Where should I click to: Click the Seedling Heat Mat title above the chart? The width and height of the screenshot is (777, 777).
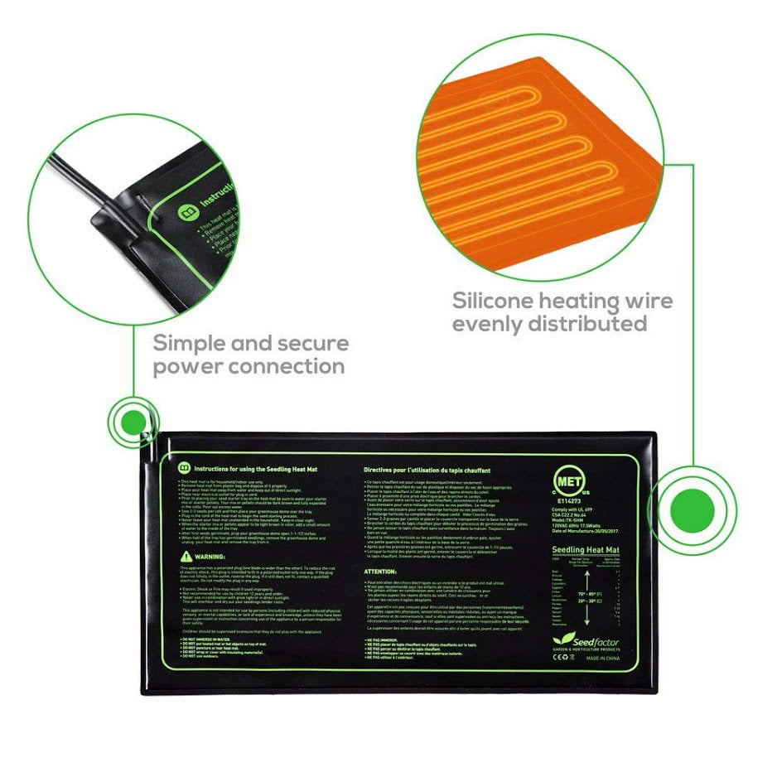click(588, 550)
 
